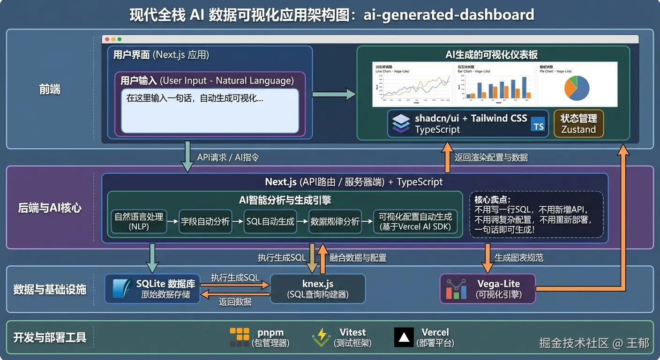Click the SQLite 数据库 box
click(x=153, y=289)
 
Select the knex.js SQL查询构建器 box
click(x=318, y=289)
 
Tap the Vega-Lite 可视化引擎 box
click(x=487, y=289)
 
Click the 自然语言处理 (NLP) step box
click(x=139, y=221)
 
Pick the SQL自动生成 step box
click(x=270, y=221)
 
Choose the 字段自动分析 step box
click(x=205, y=221)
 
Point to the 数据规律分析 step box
click(x=335, y=221)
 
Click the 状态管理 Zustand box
click(x=578, y=124)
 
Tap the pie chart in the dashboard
click(x=577, y=88)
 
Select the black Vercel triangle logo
click(x=404, y=337)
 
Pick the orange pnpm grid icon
click(x=239, y=337)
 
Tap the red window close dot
click(x=107, y=39)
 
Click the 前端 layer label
click(x=50, y=90)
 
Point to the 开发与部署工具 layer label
click(x=50, y=337)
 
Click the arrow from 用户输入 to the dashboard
click(x=333, y=94)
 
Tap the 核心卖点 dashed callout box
click(x=536, y=214)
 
